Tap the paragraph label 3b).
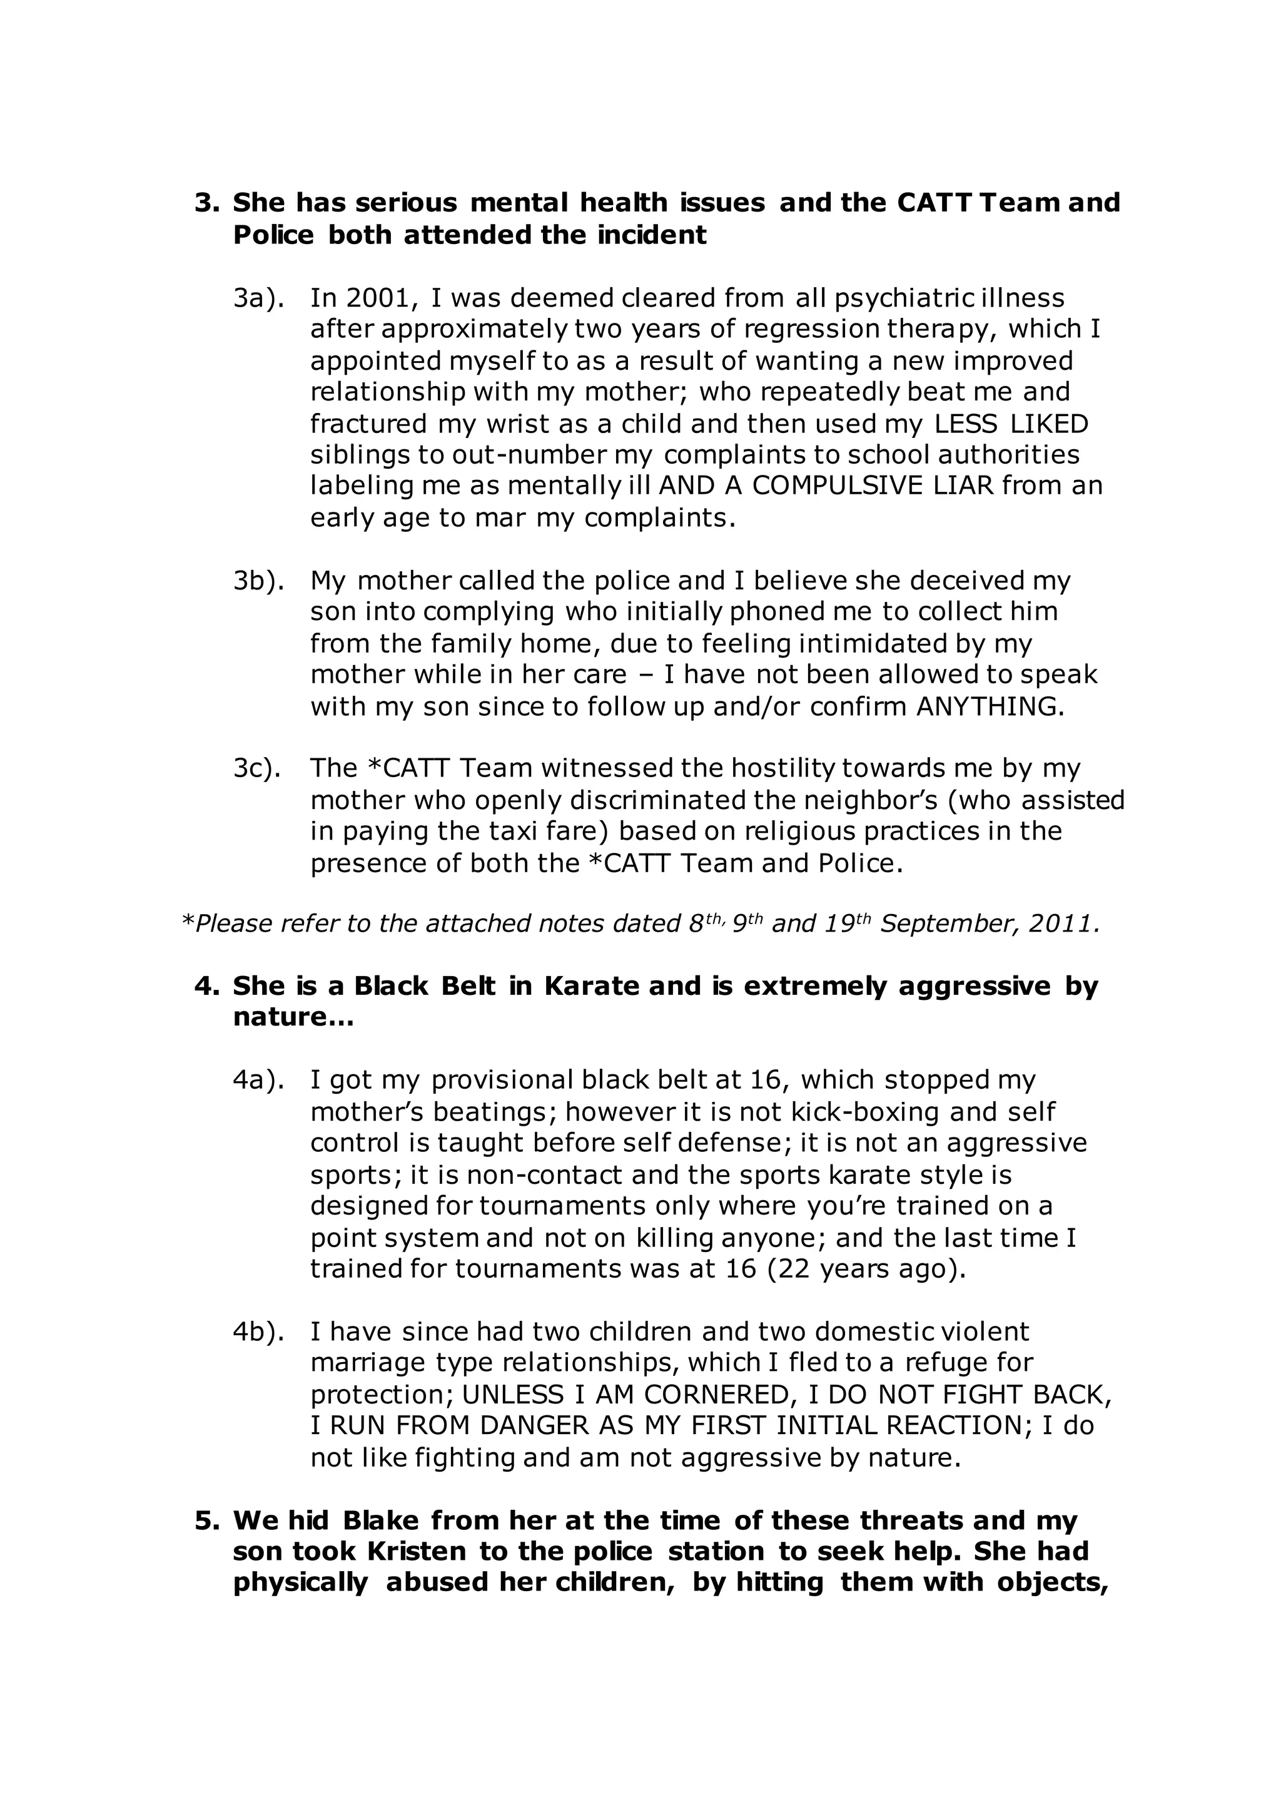coord(258,581)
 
